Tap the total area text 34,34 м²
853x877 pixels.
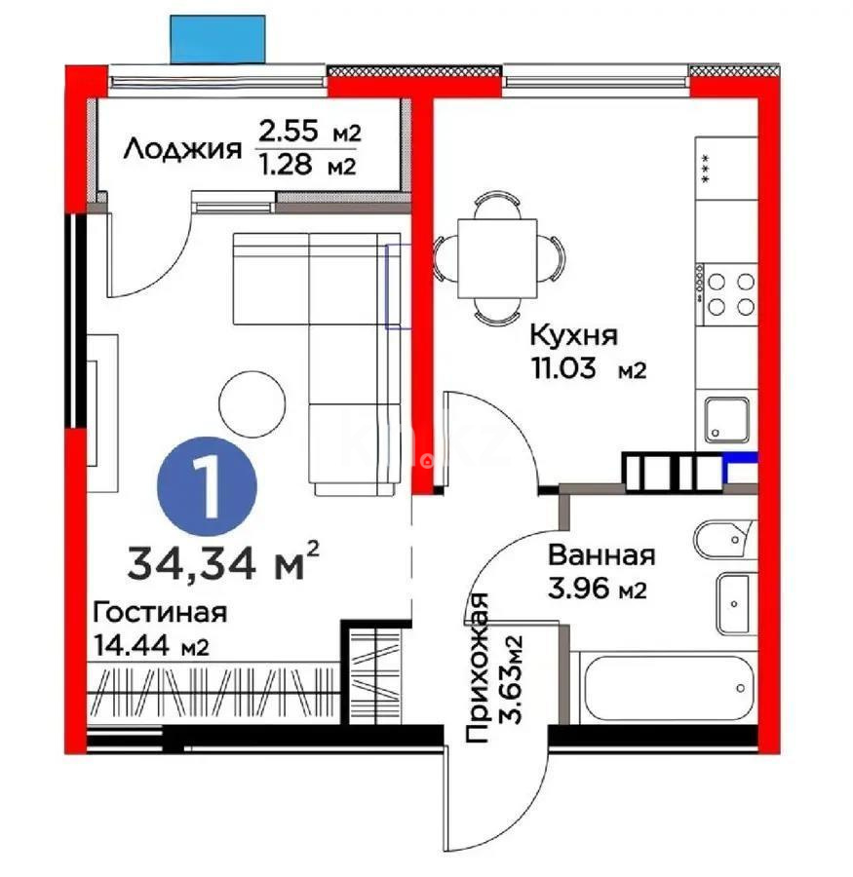223,562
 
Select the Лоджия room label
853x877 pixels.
182,149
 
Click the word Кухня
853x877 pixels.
573,335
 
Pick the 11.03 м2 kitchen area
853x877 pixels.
588,369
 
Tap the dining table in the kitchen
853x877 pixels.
498,256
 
